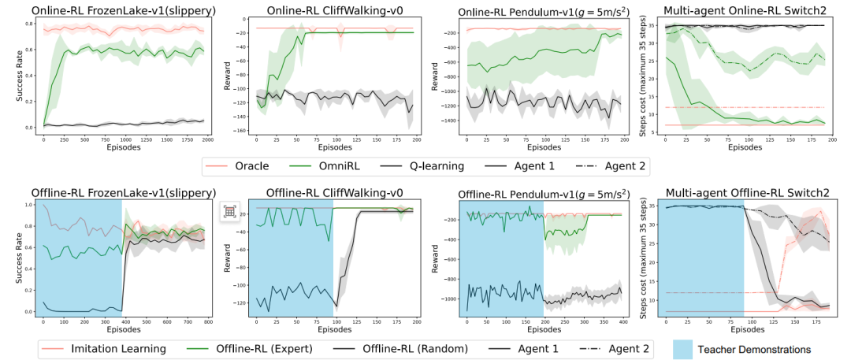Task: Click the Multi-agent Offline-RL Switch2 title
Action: click(740, 192)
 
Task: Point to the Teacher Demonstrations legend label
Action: click(758, 348)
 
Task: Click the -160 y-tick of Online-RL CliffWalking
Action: click(238, 131)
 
